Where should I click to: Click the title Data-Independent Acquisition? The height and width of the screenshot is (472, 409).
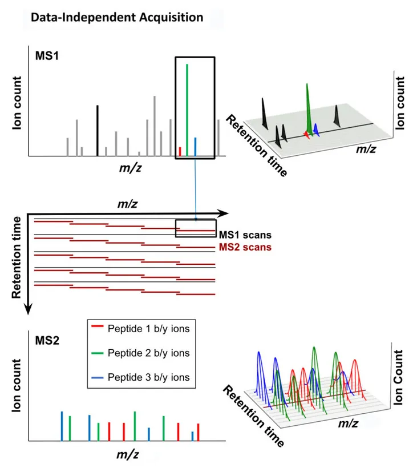(117, 18)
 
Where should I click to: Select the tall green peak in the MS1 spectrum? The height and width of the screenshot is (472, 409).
(187, 110)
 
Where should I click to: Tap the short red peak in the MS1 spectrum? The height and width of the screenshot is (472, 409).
(180, 152)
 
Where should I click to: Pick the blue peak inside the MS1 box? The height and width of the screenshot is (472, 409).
(195, 147)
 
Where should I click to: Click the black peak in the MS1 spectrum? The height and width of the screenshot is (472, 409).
(97, 131)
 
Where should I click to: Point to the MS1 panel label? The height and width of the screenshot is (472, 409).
(47, 56)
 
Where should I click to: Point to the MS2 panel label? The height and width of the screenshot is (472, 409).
(47, 341)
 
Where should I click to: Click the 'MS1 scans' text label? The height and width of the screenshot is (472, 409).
(245, 235)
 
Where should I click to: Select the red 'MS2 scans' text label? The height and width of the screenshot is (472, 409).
(245, 247)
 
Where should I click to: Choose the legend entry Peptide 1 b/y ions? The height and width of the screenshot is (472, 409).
(149, 328)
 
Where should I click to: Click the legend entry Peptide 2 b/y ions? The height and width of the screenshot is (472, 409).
(149, 353)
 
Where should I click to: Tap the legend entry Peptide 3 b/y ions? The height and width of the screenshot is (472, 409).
(149, 377)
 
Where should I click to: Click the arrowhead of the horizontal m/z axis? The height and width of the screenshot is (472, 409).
(223, 213)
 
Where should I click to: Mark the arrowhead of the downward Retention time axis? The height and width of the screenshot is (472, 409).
(28, 309)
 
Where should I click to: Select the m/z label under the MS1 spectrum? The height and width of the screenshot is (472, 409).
(130, 168)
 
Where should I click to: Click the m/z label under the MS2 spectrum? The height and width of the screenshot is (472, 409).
(128, 454)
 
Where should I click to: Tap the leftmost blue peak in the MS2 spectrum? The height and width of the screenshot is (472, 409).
(62, 426)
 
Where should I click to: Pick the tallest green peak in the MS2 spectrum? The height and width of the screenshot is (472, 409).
(135, 426)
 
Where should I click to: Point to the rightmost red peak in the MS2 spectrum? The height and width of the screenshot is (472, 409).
(199, 432)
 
